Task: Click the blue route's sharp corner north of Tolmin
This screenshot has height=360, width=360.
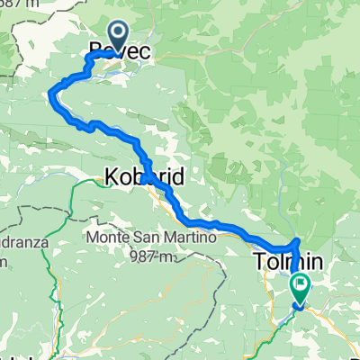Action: click(x=298, y=240)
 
